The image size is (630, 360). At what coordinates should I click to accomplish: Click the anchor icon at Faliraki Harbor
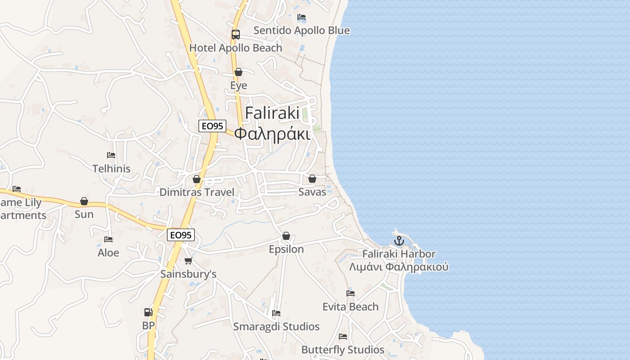(399, 241)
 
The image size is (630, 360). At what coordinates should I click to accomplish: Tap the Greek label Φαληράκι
(273, 134)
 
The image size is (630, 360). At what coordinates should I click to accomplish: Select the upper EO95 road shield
(212, 126)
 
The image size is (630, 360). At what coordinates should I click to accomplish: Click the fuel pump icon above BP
(148, 312)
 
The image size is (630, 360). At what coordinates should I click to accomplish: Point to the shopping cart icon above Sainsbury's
(189, 261)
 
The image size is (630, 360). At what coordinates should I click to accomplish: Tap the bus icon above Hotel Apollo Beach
(235, 34)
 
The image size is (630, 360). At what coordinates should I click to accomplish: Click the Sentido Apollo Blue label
(301, 31)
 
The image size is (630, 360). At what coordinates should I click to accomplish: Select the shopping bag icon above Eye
(238, 72)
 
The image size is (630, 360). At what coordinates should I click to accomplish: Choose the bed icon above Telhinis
(111, 155)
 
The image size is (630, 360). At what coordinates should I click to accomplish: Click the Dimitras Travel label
(197, 192)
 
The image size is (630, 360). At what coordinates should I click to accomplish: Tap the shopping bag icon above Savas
(312, 179)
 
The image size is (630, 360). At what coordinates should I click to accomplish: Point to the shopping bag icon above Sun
(84, 201)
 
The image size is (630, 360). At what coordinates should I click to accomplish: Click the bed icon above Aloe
(108, 239)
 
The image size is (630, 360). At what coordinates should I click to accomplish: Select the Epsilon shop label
(286, 249)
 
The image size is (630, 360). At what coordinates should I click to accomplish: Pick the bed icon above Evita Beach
(351, 293)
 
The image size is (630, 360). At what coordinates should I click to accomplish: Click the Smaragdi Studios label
(276, 327)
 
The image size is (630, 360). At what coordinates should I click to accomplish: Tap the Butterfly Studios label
(343, 350)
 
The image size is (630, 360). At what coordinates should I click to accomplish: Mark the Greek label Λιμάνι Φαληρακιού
(399, 267)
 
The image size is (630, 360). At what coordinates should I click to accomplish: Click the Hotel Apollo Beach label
(236, 48)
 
